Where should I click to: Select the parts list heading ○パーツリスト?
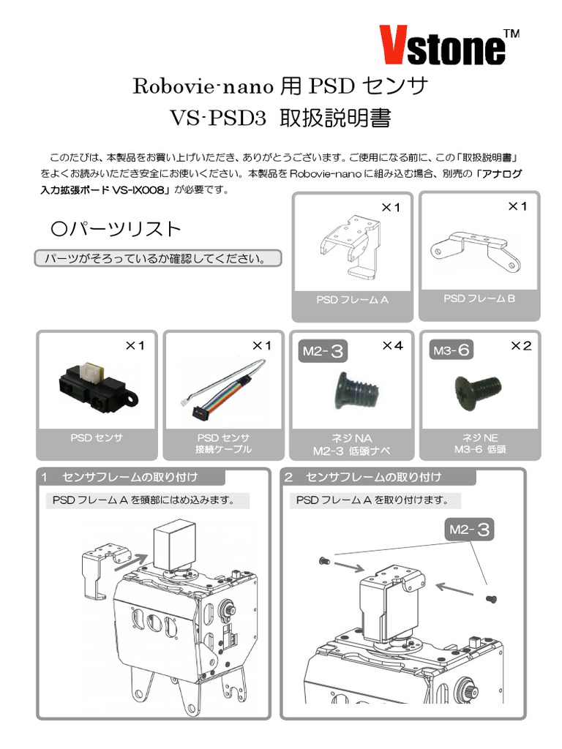116,229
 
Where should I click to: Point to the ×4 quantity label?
392,346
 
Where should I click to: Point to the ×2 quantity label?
521,346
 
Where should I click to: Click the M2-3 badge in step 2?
469,529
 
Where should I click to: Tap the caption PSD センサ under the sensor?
97,438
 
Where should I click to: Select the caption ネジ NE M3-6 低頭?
479,444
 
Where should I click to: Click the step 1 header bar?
132,478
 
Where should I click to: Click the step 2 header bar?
379,478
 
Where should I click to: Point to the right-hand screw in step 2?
492,599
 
